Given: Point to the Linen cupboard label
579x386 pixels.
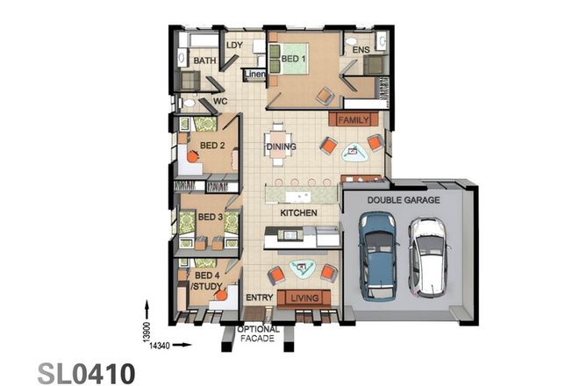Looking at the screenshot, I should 254,75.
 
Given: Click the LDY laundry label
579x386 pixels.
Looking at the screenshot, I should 234,45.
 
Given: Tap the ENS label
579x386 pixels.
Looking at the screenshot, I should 361,51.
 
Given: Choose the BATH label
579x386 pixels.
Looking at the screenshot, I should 204,61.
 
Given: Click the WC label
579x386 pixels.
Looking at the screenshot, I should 221,102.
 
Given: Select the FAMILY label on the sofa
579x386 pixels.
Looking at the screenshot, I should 354,118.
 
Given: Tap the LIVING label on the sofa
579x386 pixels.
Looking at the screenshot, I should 304,299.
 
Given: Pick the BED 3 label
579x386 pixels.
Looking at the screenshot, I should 210,217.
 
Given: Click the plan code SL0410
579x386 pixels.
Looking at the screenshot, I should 86,372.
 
